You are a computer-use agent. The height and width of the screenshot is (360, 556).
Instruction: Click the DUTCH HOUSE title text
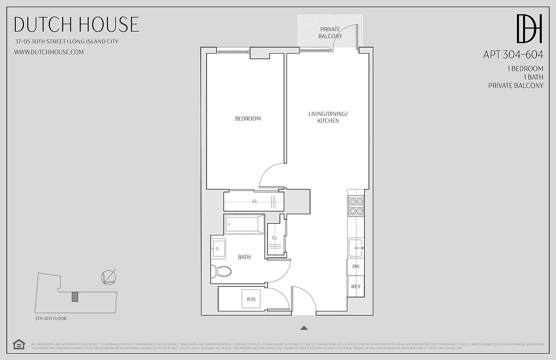pos(76,24)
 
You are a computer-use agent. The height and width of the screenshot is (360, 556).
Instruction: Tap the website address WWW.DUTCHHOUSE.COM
pos(49,52)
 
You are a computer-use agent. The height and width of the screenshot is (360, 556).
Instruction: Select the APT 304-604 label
pos(513,55)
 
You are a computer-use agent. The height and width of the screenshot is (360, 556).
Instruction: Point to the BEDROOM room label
pos(248,119)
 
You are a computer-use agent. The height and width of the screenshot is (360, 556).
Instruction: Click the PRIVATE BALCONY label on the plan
pos(330,32)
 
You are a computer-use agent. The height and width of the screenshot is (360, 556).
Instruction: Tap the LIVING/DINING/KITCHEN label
pos(328,117)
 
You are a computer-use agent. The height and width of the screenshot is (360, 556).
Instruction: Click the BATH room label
pos(244,257)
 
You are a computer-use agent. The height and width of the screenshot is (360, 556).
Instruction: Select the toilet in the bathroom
pos(221,271)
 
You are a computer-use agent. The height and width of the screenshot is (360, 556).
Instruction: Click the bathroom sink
pos(220,248)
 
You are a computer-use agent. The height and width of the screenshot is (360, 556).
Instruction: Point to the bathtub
pos(245,224)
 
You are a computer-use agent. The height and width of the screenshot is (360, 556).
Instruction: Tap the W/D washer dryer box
pos(251,299)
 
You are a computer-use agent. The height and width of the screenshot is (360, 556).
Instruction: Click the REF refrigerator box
pos(356,287)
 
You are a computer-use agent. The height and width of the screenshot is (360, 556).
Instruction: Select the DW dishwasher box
pos(356,267)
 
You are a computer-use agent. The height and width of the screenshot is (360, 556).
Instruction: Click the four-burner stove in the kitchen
pos(356,206)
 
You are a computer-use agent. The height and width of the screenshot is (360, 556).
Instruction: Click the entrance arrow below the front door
pos(304,328)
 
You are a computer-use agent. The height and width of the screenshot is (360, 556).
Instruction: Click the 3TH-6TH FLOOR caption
pos(51,319)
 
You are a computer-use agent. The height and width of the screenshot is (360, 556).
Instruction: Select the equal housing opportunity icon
pos(19,344)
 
